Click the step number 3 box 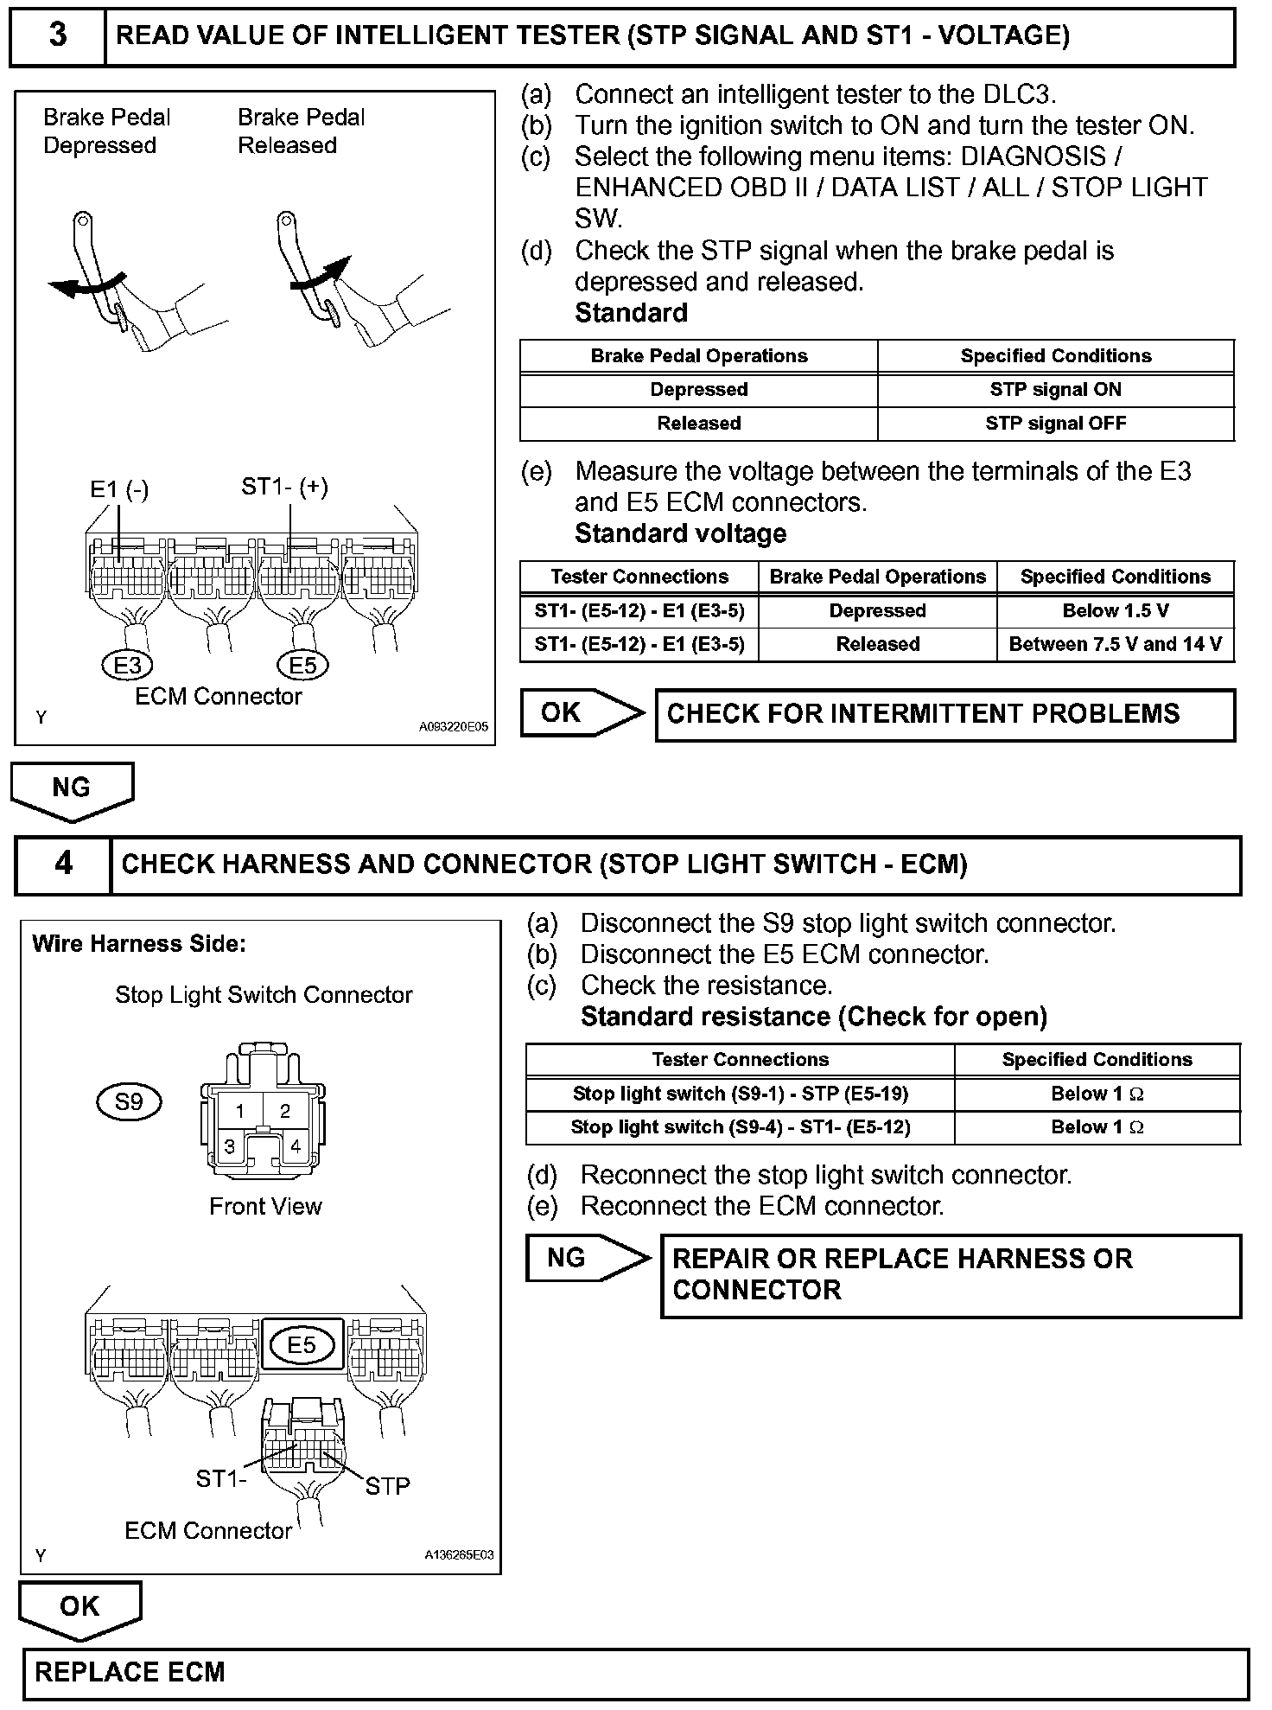[58, 36]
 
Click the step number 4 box [63, 864]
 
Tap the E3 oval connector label [127, 665]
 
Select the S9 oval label [128, 1101]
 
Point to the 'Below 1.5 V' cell [1115, 610]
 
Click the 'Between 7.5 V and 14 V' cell [1115, 644]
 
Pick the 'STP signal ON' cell [1055, 390]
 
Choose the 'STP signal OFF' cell [1055, 424]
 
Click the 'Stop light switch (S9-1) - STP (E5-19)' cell [740, 1094]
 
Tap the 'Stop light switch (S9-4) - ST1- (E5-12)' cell [740, 1127]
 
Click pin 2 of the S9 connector [285, 1112]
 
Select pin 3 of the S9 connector [230, 1147]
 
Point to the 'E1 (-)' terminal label [119, 490]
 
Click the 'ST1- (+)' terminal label [284, 487]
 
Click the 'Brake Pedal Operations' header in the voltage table [877, 577]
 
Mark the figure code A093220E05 [453, 727]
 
